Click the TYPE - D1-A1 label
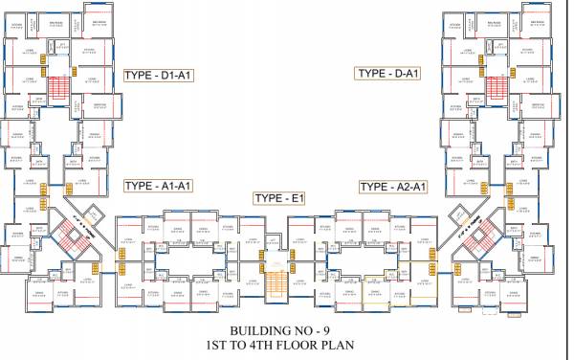(159, 75)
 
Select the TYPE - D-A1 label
(389, 73)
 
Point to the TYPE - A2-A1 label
(393, 186)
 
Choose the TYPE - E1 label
(279, 198)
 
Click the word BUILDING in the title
(250, 328)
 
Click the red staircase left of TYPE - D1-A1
(59, 88)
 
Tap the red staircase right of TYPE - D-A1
(496, 88)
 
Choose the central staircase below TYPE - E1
(276, 282)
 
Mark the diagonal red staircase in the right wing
(484, 236)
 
